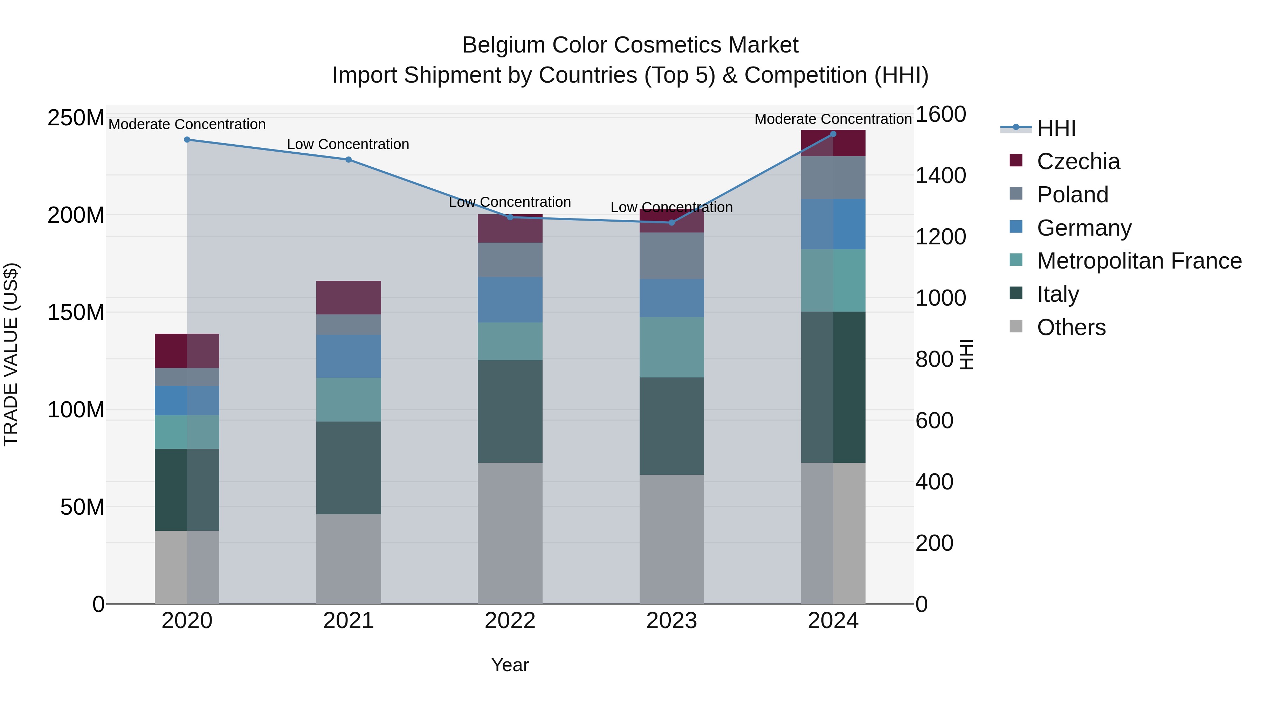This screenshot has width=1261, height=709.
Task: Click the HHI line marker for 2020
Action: [187, 139]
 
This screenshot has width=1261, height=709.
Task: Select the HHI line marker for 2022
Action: [510, 217]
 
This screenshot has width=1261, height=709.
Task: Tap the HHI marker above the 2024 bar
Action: [834, 134]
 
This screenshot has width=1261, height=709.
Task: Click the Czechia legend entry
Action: [1078, 161]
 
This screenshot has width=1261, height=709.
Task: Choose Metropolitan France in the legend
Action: [1139, 261]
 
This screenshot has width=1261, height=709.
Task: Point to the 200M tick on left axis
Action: [76, 215]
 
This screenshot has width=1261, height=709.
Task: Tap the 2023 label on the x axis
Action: [671, 621]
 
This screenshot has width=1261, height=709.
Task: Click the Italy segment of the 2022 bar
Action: [510, 411]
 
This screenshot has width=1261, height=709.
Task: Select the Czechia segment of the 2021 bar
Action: [349, 298]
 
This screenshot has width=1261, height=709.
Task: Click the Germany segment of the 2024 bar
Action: [834, 224]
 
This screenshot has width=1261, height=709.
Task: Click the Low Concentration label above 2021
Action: [348, 144]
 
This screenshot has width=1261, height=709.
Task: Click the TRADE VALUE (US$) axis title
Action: [11, 355]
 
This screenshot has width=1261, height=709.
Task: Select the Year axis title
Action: [510, 665]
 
